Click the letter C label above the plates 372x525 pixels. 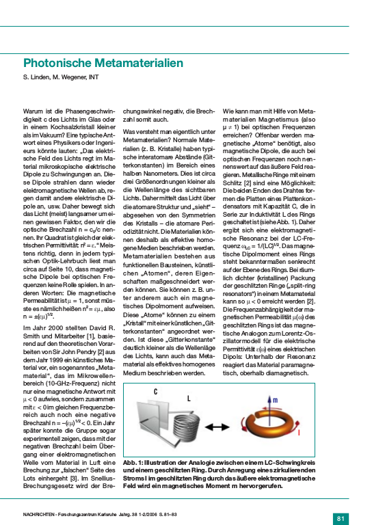[155, 392]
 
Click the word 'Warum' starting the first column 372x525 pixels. [33, 109]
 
